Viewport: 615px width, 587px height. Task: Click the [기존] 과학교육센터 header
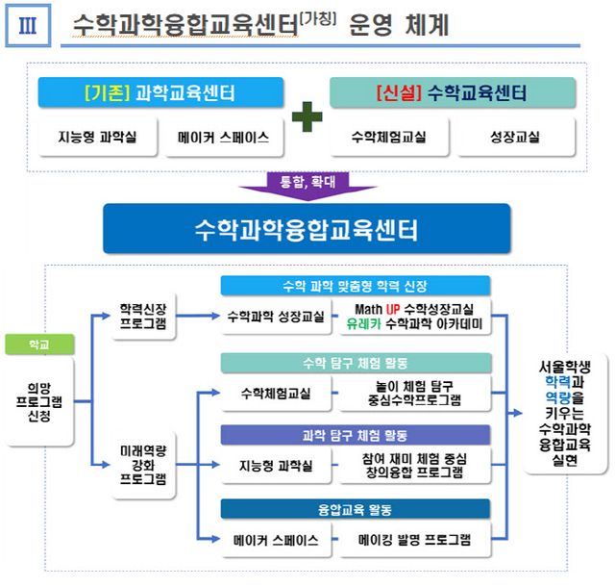tap(160, 93)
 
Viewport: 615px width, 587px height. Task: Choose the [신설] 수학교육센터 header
tap(452, 93)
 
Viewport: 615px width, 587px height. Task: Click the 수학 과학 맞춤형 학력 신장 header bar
tap(356, 286)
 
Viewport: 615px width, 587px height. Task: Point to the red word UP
tap(393, 308)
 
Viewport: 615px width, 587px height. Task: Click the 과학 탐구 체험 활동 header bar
tap(356, 435)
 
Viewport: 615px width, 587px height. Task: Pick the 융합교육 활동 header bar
tap(356, 508)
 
